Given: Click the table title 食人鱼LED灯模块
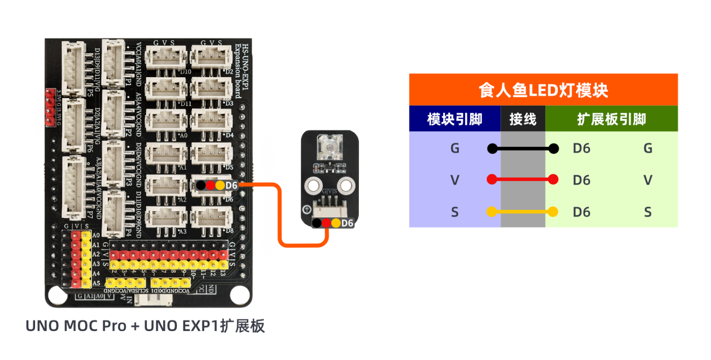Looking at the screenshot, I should pyautogui.click(x=543, y=90).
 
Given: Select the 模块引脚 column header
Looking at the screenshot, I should pyautogui.click(x=455, y=119).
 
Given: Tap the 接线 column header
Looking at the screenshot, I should pyautogui.click(x=523, y=119).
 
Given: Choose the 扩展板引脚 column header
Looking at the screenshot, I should pyautogui.click(x=611, y=119).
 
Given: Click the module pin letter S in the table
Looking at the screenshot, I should pyautogui.click(x=455, y=212).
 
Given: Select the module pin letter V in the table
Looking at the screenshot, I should pyautogui.click(x=455, y=180).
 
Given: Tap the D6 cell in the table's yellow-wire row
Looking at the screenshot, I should pyautogui.click(x=581, y=212).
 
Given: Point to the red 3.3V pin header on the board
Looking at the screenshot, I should pyautogui.click(x=49, y=107).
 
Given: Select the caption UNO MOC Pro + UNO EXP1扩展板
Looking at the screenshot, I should pyautogui.click(x=145, y=326).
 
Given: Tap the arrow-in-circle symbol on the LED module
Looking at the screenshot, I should pyautogui.click(x=307, y=209).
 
